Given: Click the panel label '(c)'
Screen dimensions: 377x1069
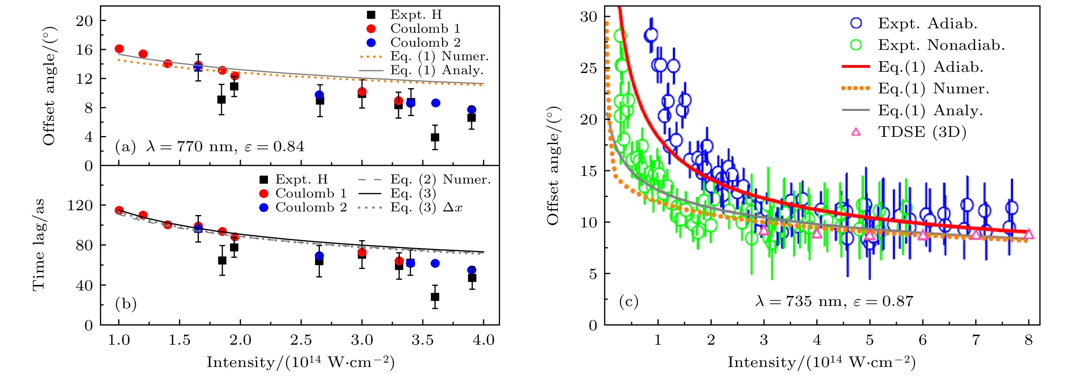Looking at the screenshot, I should coord(628,302).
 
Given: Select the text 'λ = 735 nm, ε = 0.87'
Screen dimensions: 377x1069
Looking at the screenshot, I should coord(834,302).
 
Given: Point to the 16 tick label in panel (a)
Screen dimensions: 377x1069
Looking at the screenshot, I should coord(85,50).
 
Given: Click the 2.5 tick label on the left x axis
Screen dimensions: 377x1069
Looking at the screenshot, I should coord(301,341).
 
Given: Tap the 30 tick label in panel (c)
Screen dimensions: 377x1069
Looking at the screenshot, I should coord(589,17).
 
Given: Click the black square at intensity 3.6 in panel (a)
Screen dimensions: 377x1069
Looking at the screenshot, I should coord(435,137).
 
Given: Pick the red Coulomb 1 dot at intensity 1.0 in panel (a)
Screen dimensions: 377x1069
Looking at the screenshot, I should coord(119,49).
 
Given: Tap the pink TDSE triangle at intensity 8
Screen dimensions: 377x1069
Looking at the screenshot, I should coord(1028,235).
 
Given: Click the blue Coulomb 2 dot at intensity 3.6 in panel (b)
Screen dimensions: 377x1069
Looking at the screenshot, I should coord(435,263).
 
